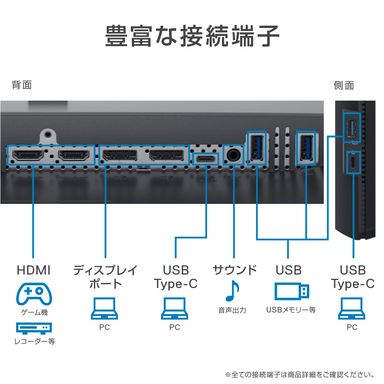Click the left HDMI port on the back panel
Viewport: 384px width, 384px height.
point(28,155)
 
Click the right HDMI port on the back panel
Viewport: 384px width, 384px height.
point(74,155)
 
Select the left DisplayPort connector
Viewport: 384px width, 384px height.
point(120,155)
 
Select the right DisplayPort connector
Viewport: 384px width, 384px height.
point(166,155)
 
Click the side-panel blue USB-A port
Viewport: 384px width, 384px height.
point(352,127)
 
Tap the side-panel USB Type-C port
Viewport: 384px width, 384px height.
point(353,162)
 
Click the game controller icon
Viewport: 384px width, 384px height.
point(34,294)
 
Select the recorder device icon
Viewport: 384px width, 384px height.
point(34,328)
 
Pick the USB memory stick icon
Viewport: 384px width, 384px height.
point(292,291)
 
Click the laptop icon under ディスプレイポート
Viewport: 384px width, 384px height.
point(104,309)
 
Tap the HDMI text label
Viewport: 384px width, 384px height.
point(33,270)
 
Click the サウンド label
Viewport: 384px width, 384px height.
point(235,270)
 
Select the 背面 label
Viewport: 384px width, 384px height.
point(22,85)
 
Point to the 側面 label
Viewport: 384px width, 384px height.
point(344,86)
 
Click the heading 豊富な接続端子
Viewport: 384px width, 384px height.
point(192,36)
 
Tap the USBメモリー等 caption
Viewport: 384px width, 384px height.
point(291,310)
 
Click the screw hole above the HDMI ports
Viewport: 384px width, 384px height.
point(48,134)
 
